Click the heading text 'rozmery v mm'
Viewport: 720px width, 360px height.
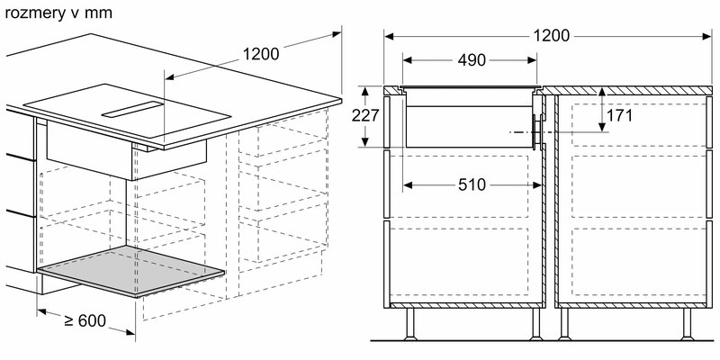tap(58, 13)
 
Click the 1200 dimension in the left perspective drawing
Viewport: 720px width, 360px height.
tap(261, 54)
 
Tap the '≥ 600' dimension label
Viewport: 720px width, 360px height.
tap(85, 320)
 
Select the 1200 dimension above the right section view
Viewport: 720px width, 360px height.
tap(551, 35)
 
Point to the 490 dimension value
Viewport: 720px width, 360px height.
tap(472, 59)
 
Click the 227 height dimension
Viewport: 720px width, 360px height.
tap(365, 116)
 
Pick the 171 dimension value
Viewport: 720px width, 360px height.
tap(619, 116)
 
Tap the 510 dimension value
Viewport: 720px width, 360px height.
tap(472, 184)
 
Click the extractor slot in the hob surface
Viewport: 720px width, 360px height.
tap(132, 109)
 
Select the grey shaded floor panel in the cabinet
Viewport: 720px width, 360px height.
tap(130, 271)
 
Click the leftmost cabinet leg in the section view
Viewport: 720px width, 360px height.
tap(410, 324)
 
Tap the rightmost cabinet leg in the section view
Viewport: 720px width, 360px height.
tap(687, 324)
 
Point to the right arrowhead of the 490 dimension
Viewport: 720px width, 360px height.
tap(533, 59)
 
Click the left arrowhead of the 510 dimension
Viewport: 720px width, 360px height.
tap(408, 185)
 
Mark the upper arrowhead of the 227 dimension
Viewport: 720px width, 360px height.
tap(365, 91)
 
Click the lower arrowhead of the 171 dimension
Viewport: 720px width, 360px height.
tap(601, 127)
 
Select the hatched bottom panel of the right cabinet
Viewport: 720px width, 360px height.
tap(632, 305)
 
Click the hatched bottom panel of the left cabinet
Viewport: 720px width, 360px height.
tap(466, 305)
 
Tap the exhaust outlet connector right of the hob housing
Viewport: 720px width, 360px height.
tap(536, 131)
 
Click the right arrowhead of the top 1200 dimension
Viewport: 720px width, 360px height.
tap(707, 36)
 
